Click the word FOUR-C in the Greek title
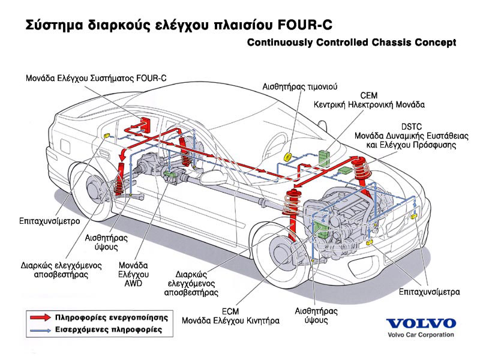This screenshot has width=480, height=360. pyautogui.click(x=305, y=26)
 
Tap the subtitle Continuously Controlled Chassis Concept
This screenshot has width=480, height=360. pyautogui.click(x=351, y=43)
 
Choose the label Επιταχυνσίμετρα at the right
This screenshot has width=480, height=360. pyautogui.click(x=429, y=292)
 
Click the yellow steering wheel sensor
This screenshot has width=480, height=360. pyautogui.click(x=288, y=157)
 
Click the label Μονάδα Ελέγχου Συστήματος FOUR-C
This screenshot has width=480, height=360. pyautogui.click(x=96, y=78)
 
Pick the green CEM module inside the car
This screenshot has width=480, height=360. pyautogui.click(x=325, y=157)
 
